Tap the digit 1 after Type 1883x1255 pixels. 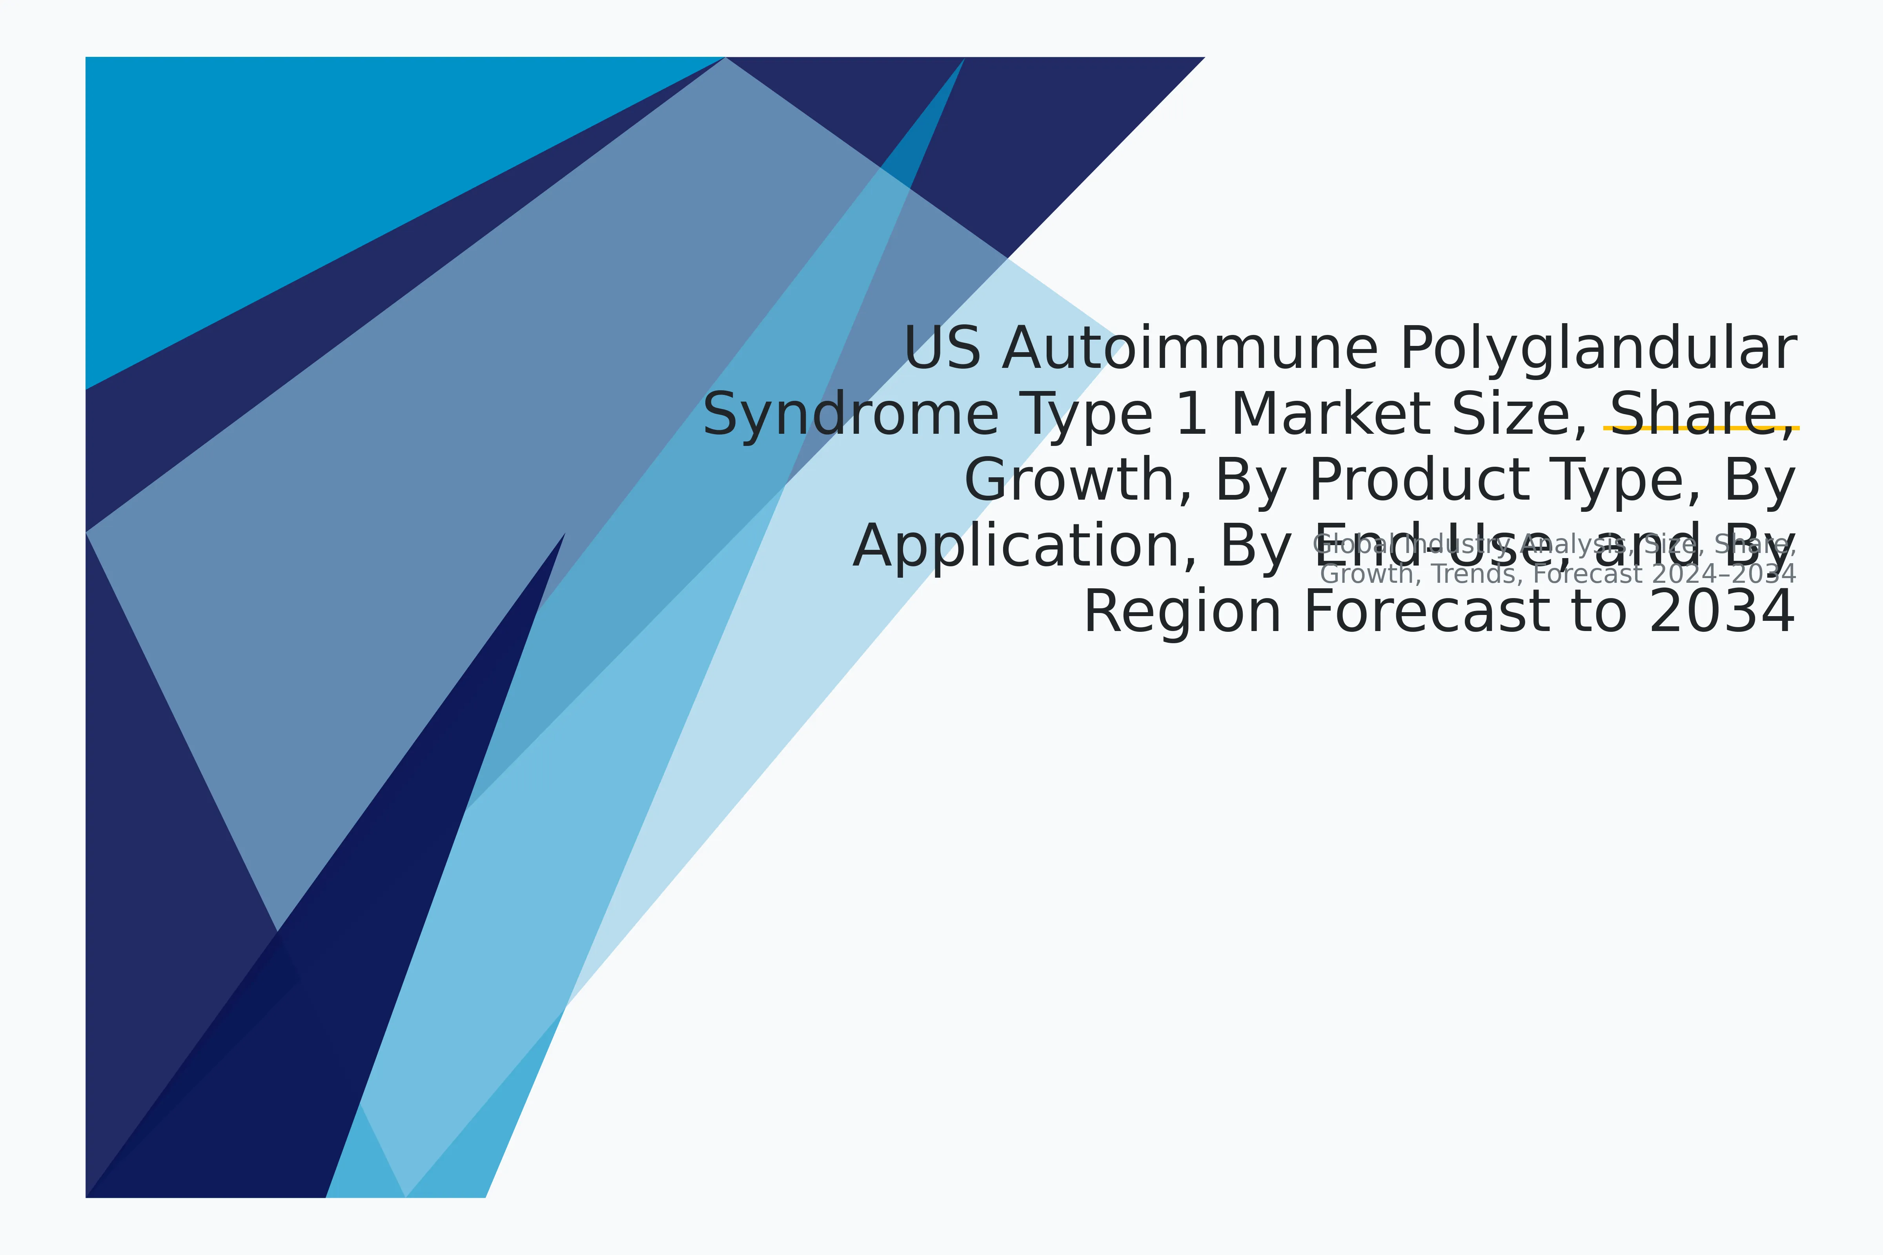pos(1191,415)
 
